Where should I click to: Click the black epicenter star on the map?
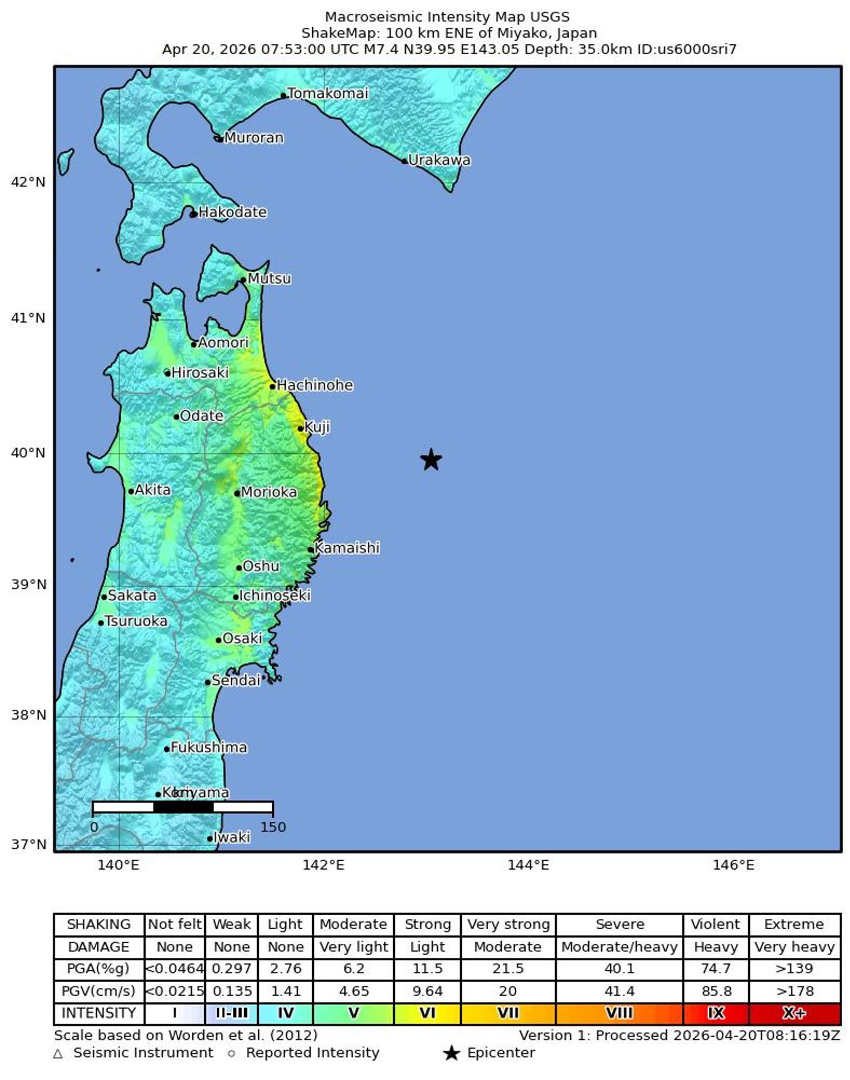coord(431,460)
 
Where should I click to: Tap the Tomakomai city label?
coord(327,93)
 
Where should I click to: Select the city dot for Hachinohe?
coord(273,386)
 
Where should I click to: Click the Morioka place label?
coord(268,492)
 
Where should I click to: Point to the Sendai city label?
coord(236,681)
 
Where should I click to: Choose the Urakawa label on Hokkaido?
coord(439,160)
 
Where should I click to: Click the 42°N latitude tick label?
coord(28,182)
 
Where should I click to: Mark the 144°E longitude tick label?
coord(528,865)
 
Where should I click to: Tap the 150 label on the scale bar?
coord(273,827)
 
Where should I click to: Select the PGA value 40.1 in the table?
coord(619,969)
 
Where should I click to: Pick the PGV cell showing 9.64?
coord(427,991)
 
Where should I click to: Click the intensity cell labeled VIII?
coord(619,1014)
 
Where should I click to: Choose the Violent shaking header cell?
coord(715,924)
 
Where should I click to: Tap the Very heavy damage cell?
coord(794,947)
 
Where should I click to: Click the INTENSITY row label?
coord(98,1014)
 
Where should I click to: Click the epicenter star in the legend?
coord(451,1054)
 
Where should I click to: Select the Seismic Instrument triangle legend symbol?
coord(58,1054)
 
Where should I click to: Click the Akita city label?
coord(152,490)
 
